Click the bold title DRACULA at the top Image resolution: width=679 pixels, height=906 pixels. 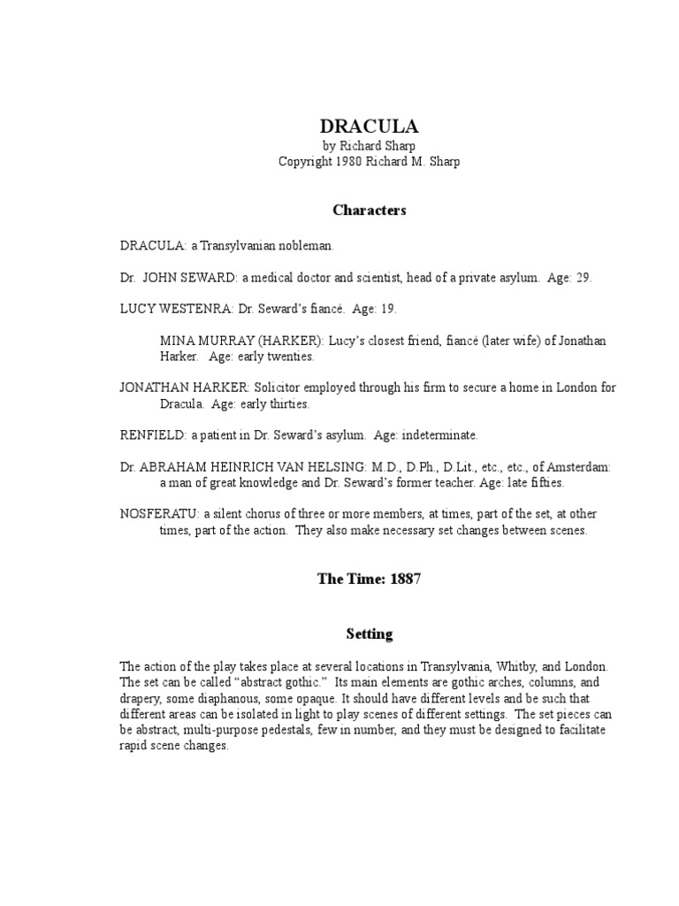(369, 127)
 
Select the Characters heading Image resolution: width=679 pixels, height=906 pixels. (369, 210)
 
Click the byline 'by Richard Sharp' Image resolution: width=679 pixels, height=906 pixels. (369, 145)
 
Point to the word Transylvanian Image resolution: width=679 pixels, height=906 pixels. (238, 245)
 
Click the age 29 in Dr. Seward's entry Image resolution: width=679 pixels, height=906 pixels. (583, 277)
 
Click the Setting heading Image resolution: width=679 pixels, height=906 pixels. (369, 634)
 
